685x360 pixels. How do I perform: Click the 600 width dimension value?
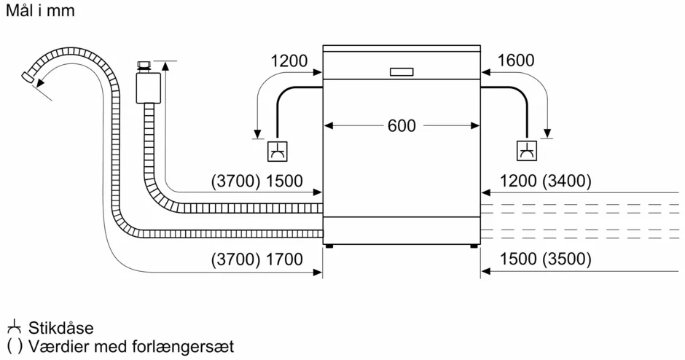[x=402, y=126]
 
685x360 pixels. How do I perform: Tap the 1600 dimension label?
[x=515, y=60]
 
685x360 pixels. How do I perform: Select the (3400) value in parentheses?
[x=567, y=181]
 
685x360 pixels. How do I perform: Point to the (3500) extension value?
[x=567, y=259]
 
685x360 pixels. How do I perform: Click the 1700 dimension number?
[x=284, y=259]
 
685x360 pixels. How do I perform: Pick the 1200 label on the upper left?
[x=289, y=60]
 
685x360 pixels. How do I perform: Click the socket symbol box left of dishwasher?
[x=278, y=151]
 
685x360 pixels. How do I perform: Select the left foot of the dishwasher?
[x=329, y=246]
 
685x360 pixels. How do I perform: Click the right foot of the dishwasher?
[x=474, y=246]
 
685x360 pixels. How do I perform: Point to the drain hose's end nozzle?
[x=28, y=77]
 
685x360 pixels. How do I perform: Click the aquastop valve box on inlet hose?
[x=146, y=88]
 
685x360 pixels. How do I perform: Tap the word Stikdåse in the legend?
[x=61, y=328]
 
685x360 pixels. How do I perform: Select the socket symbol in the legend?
[x=15, y=327]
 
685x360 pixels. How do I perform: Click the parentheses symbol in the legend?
[x=15, y=346]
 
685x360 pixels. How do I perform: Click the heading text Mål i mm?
[x=40, y=10]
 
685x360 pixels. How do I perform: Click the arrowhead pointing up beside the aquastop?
[x=165, y=66]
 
